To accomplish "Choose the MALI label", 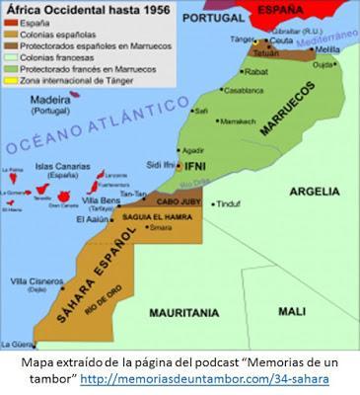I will click(x=291, y=310).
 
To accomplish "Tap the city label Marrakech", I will click(x=238, y=121).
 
